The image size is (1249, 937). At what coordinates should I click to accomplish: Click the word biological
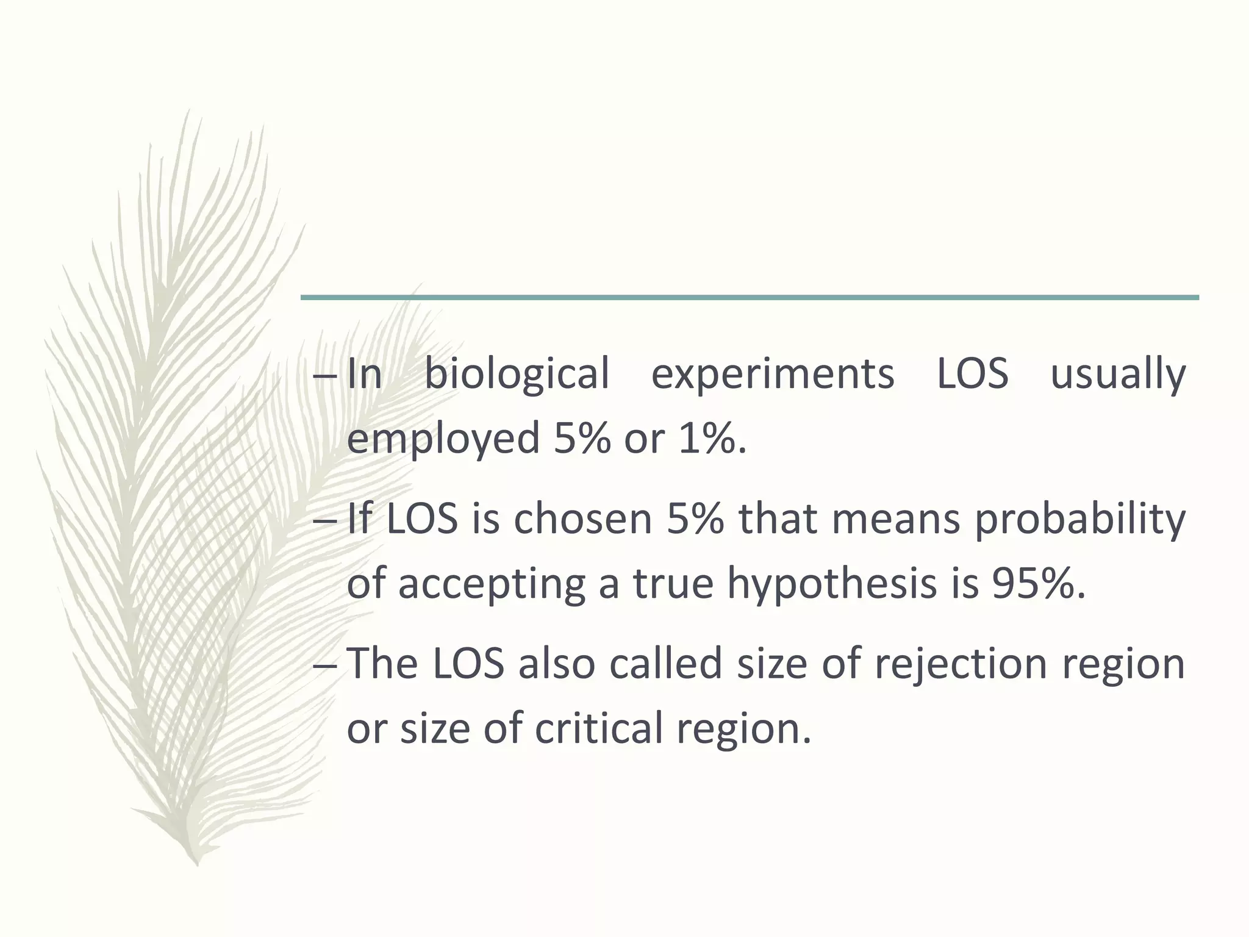coord(517,373)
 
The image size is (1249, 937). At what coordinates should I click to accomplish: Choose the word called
coord(665,664)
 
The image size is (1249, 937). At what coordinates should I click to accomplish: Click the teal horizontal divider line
coord(750,298)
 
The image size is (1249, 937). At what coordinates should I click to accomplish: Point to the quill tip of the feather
coord(196,863)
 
